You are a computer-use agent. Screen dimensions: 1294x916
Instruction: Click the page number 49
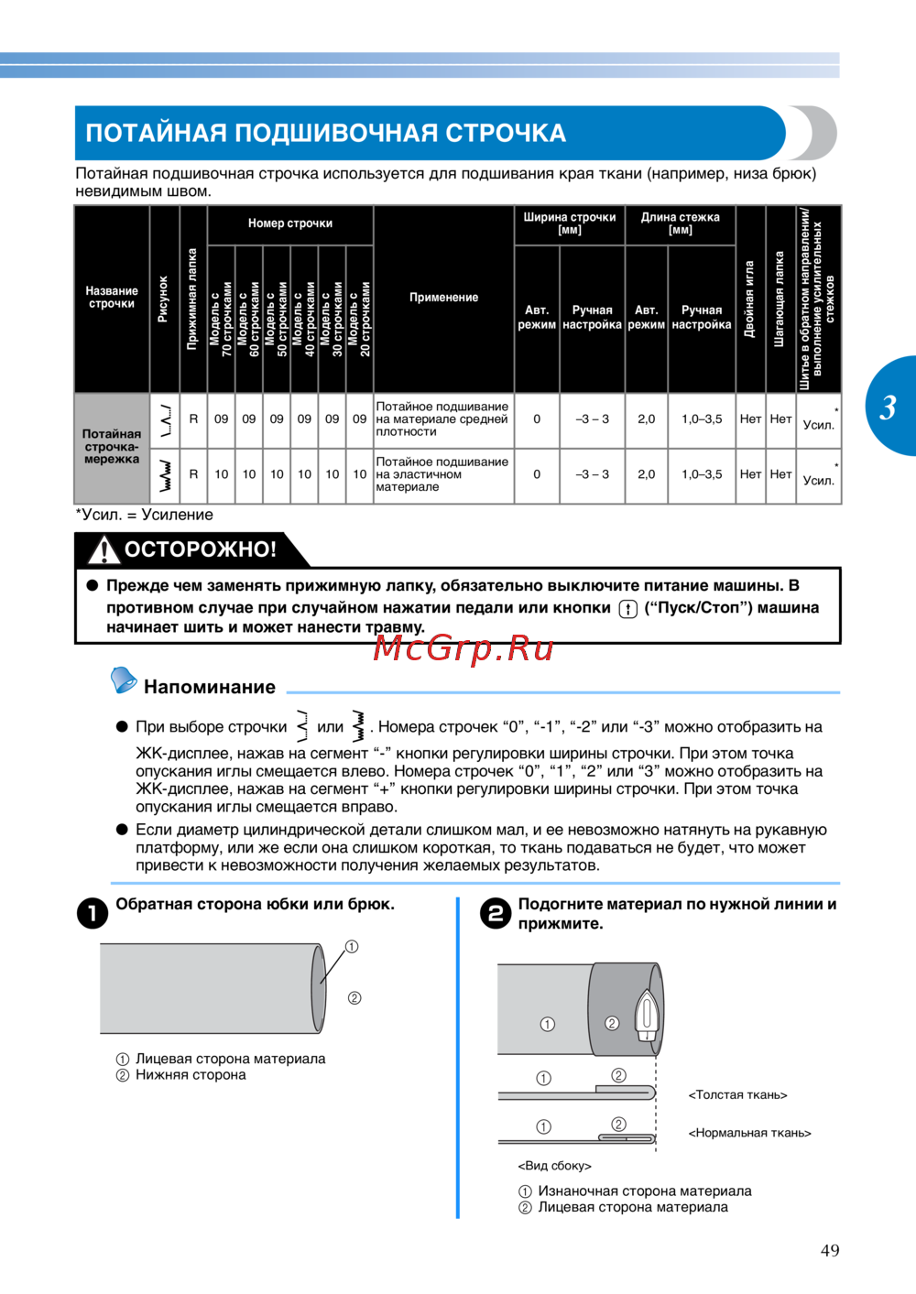(830, 1250)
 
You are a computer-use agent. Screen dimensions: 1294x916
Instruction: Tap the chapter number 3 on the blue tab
(888, 407)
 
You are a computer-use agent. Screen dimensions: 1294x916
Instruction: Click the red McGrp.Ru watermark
(463, 648)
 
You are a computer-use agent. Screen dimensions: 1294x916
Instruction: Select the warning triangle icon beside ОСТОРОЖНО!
(104, 549)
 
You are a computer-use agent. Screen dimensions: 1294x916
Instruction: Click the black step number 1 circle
(93, 913)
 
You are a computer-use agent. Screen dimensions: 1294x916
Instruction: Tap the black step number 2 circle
(496, 913)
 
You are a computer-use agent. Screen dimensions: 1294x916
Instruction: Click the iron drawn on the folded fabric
(646, 1015)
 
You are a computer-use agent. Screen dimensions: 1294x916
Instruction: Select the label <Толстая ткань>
(737, 1094)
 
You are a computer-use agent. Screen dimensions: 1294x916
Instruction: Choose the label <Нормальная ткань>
(749, 1133)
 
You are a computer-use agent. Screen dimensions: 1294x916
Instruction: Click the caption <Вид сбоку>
(554, 1166)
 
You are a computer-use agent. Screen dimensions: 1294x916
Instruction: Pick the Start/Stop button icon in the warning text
(627, 609)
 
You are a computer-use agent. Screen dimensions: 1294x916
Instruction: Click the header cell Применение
(443, 298)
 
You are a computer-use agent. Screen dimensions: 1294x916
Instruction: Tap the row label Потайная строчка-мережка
(112, 446)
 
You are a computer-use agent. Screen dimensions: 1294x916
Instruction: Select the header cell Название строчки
(112, 298)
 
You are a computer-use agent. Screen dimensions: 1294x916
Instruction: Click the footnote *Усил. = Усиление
(144, 515)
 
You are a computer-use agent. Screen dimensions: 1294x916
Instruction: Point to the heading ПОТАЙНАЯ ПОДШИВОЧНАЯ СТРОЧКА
(325, 134)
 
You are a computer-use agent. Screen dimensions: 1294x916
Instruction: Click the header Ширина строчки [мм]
(569, 223)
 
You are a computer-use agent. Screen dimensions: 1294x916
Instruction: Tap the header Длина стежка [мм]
(680, 223)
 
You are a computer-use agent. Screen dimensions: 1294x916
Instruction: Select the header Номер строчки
(289, 223)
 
